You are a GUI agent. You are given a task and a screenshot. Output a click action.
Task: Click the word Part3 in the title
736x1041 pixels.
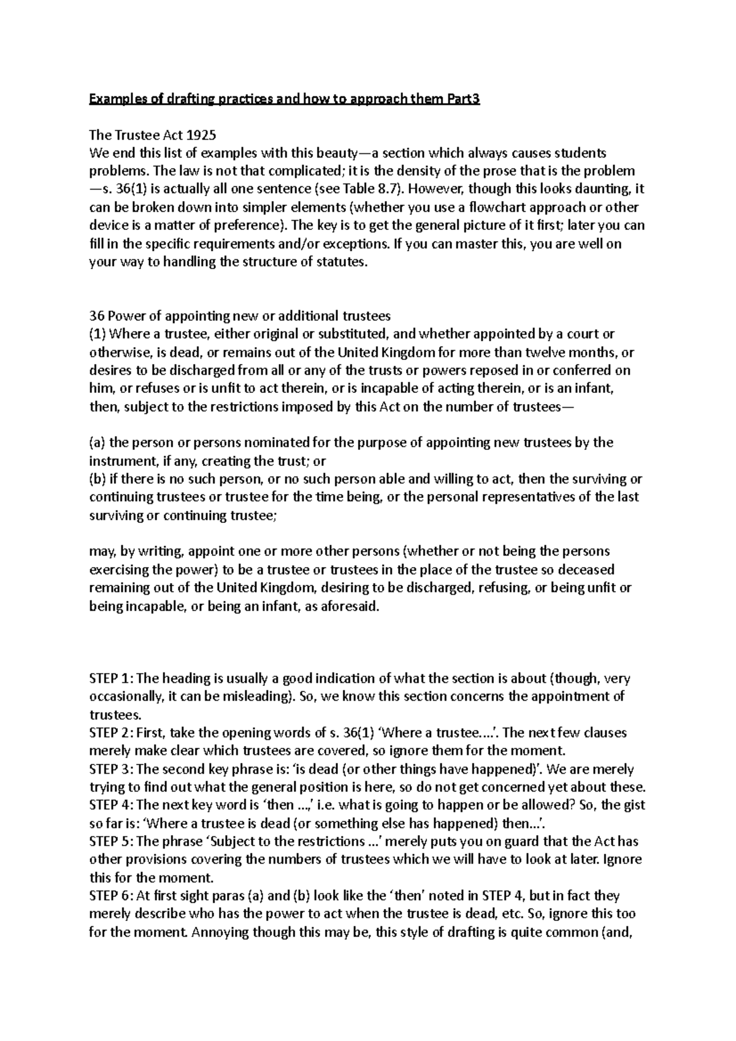click(464, 99)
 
